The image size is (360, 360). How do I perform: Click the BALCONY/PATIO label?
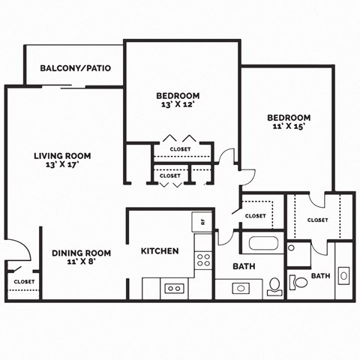point(75,68)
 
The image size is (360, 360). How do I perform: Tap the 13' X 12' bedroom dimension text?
point(178,106)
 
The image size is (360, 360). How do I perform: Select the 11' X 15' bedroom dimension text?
point(289,128)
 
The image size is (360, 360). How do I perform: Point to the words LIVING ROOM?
point(62,156)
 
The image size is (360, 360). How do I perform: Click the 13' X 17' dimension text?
point(62,165)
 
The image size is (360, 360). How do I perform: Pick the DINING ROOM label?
point(82,253)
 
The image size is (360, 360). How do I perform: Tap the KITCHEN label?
point(160,250)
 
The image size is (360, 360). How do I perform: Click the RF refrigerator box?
point(201,221)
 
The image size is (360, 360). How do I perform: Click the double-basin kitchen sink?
point(175,288)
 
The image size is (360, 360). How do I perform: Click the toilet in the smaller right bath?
point(298,282)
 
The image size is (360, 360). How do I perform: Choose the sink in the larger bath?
point(241,287)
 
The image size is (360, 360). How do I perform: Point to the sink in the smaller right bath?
point(343,276)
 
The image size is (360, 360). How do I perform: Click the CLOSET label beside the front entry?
point(22,282)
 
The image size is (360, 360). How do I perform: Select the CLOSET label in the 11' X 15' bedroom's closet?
point(317,220)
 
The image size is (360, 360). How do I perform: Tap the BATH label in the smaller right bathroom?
point(321,276)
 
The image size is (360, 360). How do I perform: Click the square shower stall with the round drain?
point(298,253)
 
